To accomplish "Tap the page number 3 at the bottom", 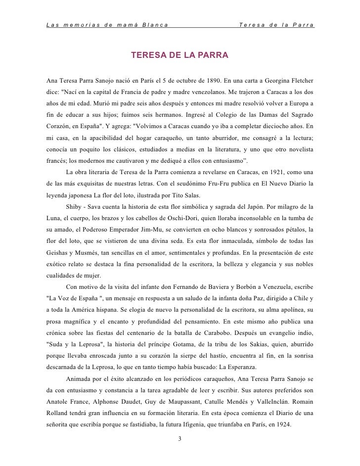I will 180,438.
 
